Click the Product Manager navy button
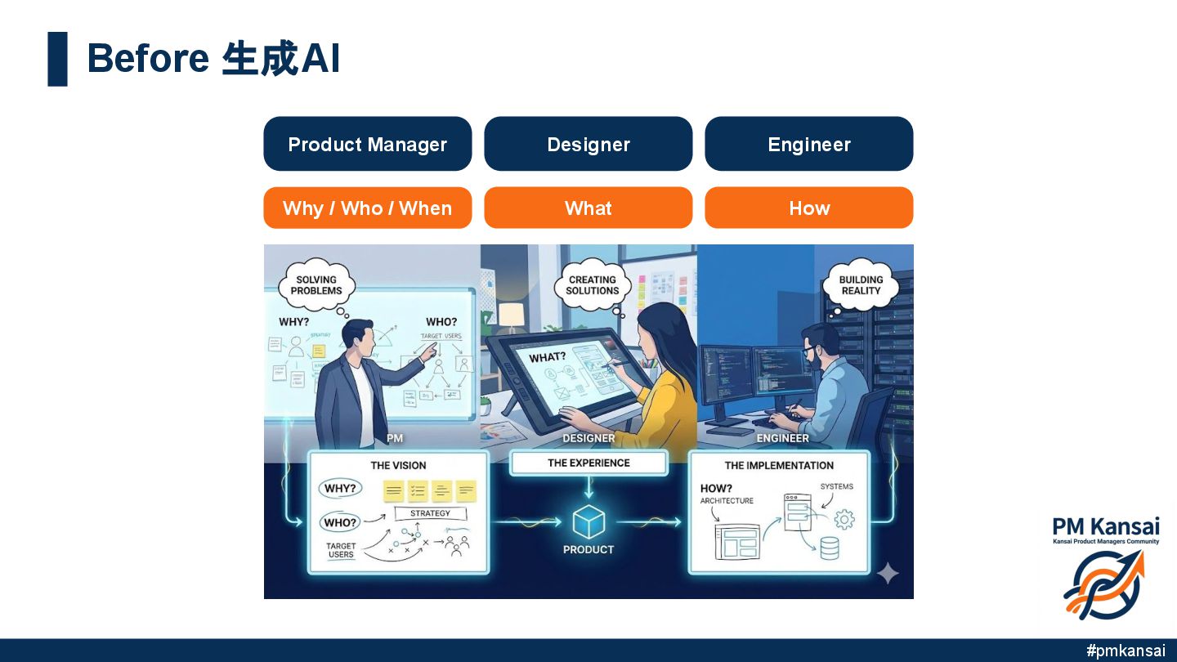(367, 144)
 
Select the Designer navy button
(588, 144)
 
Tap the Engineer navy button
(808, 144)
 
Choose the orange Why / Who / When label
(367, 208)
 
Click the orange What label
(588, 208)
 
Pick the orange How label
(808, 208)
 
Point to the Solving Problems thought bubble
(316, 285)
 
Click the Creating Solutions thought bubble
(593, 285)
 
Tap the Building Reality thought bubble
(861, 285)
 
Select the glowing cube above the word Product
(588, 521)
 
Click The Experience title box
(588, 463)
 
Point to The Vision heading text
(398, 466)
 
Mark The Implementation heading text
(779, 466)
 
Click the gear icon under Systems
(844, 519)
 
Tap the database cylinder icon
(829, 548)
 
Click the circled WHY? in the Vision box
(340, 489)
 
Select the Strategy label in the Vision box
(430, 513)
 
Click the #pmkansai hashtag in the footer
(1126, 651)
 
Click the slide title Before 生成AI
(213, 59)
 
